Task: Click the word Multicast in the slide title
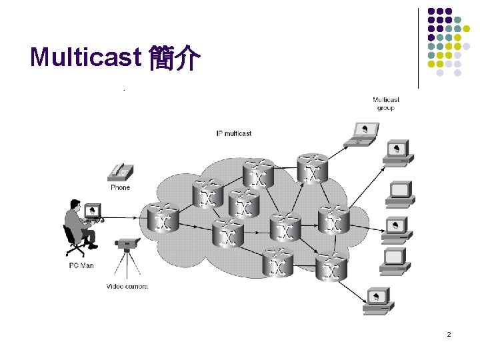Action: point(83,59)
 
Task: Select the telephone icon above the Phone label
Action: point(120,172)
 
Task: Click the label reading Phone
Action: point(120,187)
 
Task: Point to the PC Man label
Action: point(81,265)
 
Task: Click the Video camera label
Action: point(127,287)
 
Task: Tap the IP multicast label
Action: point(233,133)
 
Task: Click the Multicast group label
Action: point(385,104)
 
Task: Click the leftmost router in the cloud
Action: point(162,218)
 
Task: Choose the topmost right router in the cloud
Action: point(312,168)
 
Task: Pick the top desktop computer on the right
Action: point(398,152)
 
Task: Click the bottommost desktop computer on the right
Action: point(379,300)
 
